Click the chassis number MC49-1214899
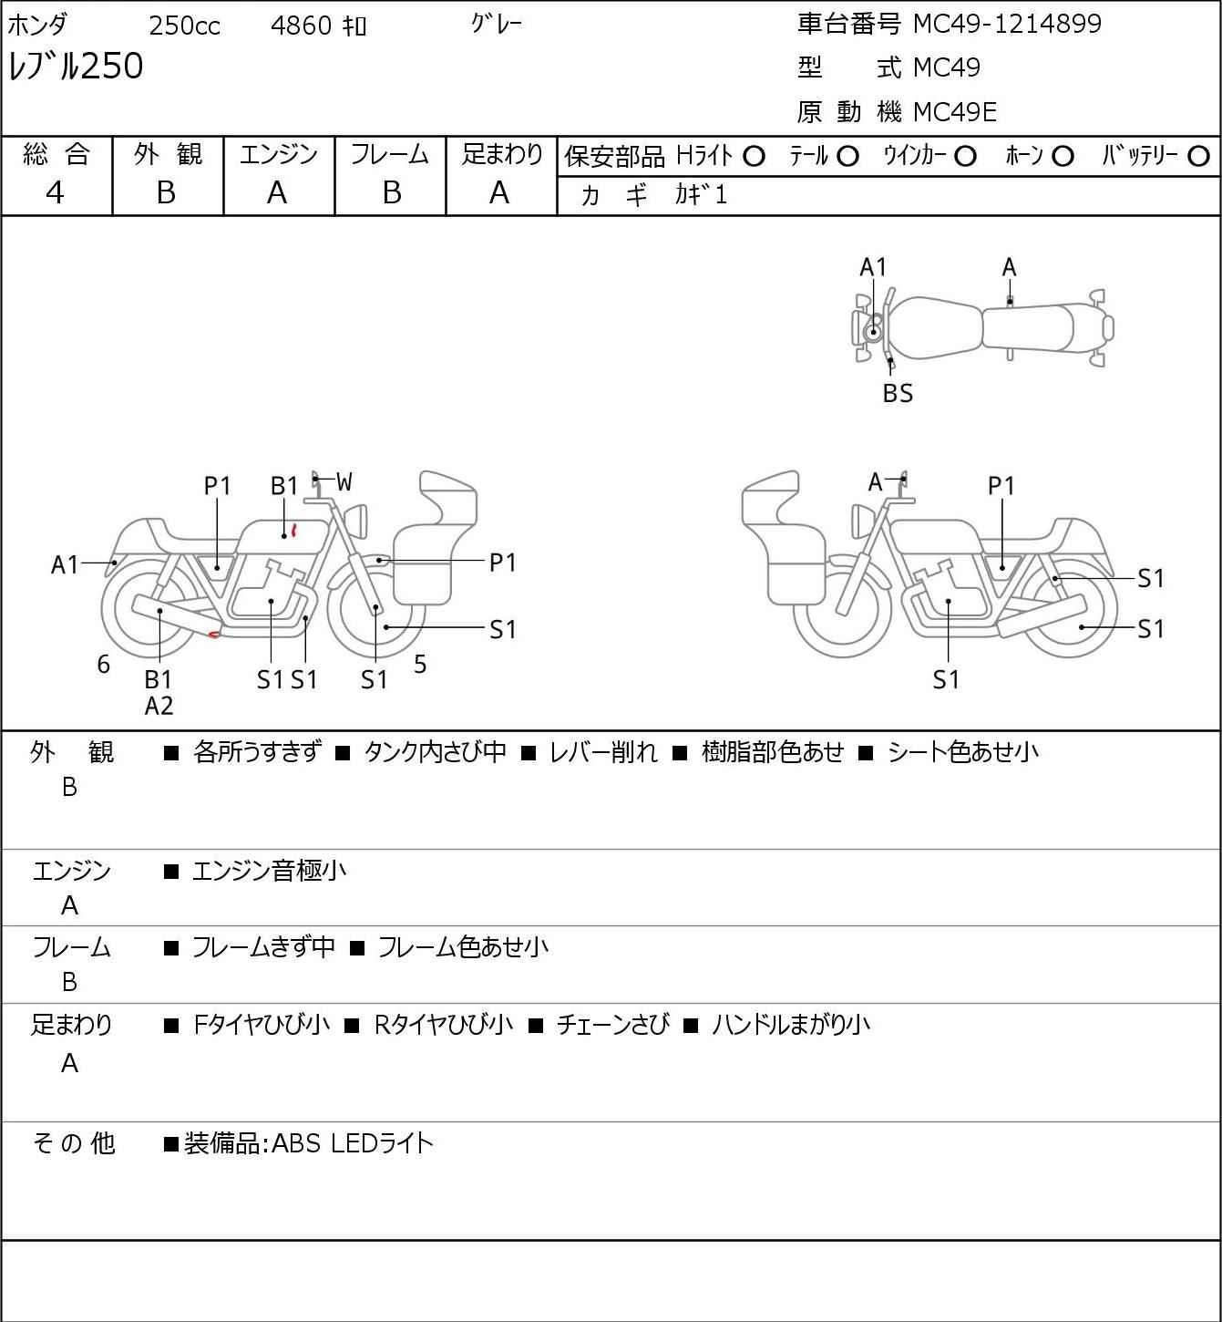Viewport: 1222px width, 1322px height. point(1007,24)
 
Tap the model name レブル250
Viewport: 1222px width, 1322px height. point(76,66)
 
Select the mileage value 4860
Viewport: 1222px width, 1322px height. point(301,26)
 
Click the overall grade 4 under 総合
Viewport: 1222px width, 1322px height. point(55,193)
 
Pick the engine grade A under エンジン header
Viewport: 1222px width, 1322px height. point(277,193)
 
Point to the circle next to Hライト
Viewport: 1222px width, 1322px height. point(754,157)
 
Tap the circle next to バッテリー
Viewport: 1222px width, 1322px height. point(1198,157)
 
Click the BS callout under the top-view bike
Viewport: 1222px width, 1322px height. point(898,393)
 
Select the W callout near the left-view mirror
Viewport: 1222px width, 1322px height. point(344,482)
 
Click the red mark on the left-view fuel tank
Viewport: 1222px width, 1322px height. point(293,531)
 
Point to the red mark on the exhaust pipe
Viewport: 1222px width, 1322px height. point(213,634)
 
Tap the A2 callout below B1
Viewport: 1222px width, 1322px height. point(159,706)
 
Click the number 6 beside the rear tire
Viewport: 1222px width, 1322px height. point(103,664)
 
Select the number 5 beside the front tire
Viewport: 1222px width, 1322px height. point(420,664)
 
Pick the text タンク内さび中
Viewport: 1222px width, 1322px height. point(436,752)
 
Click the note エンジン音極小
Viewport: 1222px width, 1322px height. point(269,871)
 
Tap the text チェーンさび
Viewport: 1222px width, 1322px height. point(612,1025)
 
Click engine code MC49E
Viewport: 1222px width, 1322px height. point(955,112)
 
